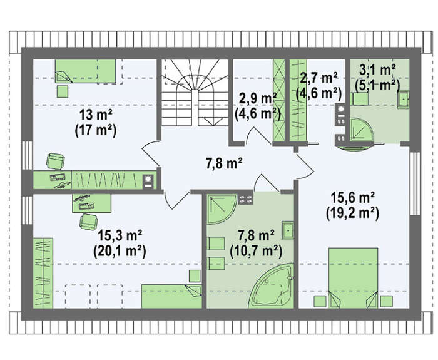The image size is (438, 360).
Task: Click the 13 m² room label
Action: pyautogui.click(x=96, y=115)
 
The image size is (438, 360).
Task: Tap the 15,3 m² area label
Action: pyautogui.click(x=120, y=235)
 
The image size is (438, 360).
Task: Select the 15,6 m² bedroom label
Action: pyautogui.click(x=352, y=198)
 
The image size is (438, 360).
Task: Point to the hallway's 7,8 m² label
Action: pyautogui.click(x=224, y=163)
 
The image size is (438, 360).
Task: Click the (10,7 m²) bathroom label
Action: pyautogui.click(x=256, y=252)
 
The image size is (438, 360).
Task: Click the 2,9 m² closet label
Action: pyautogui.click(x=258, y=99)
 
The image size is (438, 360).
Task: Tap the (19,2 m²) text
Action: pyautogui.click(x=352, y=214)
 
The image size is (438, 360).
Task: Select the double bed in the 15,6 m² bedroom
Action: pyautogui.click(x=354, y=278)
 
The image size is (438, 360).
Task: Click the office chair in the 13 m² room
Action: pyautogui.click(x=56, y=161)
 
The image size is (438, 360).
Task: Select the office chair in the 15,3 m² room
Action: pyautogui.click(x=89, y=222)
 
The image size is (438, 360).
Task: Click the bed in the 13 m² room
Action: pyautogui.click(x=86, y=71)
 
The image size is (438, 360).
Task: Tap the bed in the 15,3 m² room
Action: pyautogui.click(x=171, y=297)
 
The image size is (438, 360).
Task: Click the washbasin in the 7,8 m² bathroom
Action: pyautogui.click(x=288, y=230)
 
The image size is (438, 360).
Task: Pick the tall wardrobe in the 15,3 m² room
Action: pyautogui.click(x=43, y=273)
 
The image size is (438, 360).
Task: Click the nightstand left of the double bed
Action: pyautogui.click(x=320, y=301)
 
